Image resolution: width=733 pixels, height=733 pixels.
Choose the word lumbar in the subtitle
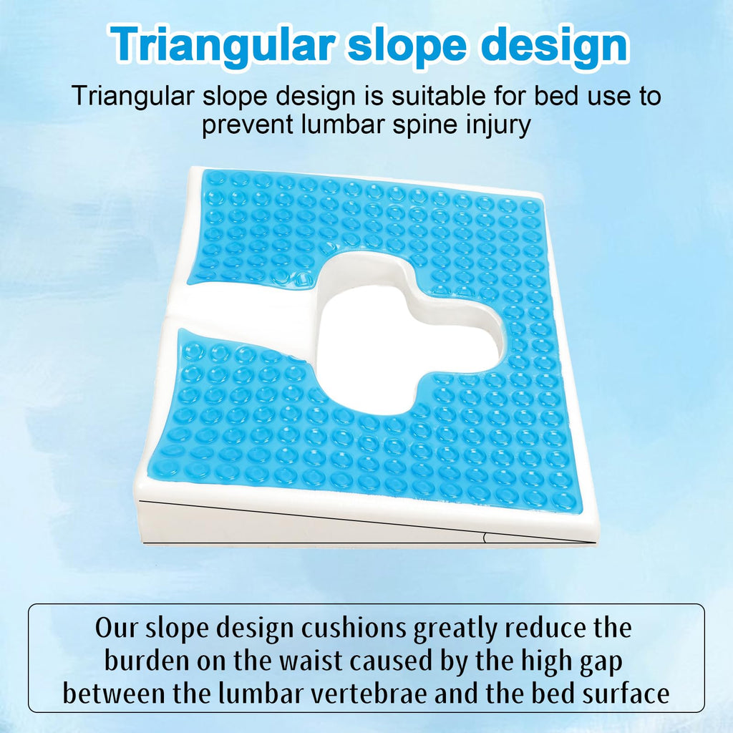coord(343,125)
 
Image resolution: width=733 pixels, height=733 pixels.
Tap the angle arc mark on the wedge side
coord(485,538)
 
